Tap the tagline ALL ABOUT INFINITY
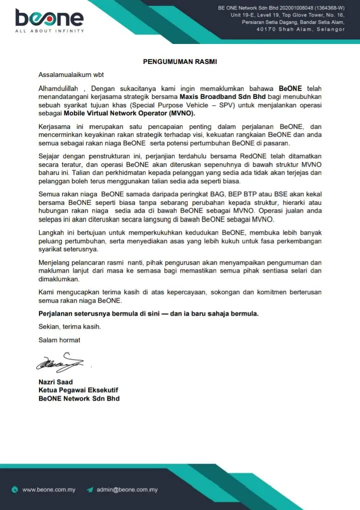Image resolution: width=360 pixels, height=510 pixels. (49, 31)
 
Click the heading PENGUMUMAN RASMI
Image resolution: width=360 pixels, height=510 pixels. (180, 62)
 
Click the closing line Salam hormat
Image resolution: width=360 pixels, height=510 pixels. (59, 340)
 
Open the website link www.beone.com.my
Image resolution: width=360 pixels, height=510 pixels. (49, 490)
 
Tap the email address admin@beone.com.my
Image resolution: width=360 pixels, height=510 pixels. (127, 490)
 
